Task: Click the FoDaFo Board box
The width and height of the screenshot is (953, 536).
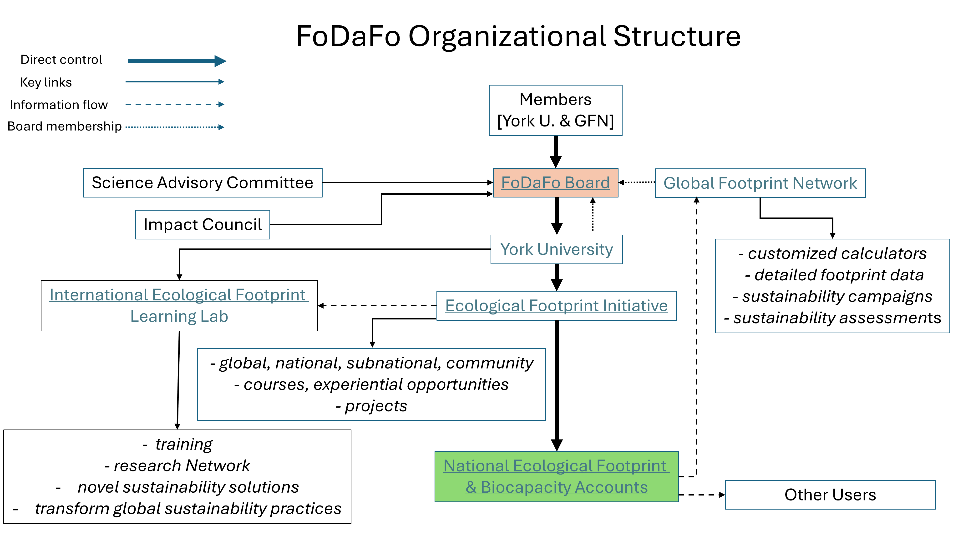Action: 555,183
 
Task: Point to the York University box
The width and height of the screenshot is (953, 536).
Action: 556,249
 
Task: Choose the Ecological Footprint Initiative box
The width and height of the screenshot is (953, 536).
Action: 556,306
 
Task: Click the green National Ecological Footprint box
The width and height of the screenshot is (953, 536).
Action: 556,476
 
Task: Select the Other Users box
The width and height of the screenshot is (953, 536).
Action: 830,495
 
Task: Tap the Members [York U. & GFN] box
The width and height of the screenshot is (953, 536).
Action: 555,110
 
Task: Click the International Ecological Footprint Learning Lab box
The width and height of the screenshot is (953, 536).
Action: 179,306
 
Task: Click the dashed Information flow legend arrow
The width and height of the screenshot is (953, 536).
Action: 175,104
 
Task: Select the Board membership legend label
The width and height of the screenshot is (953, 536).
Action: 64,126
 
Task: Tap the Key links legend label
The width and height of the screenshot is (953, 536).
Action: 46,82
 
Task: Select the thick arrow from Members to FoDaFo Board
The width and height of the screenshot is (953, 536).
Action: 555,152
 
